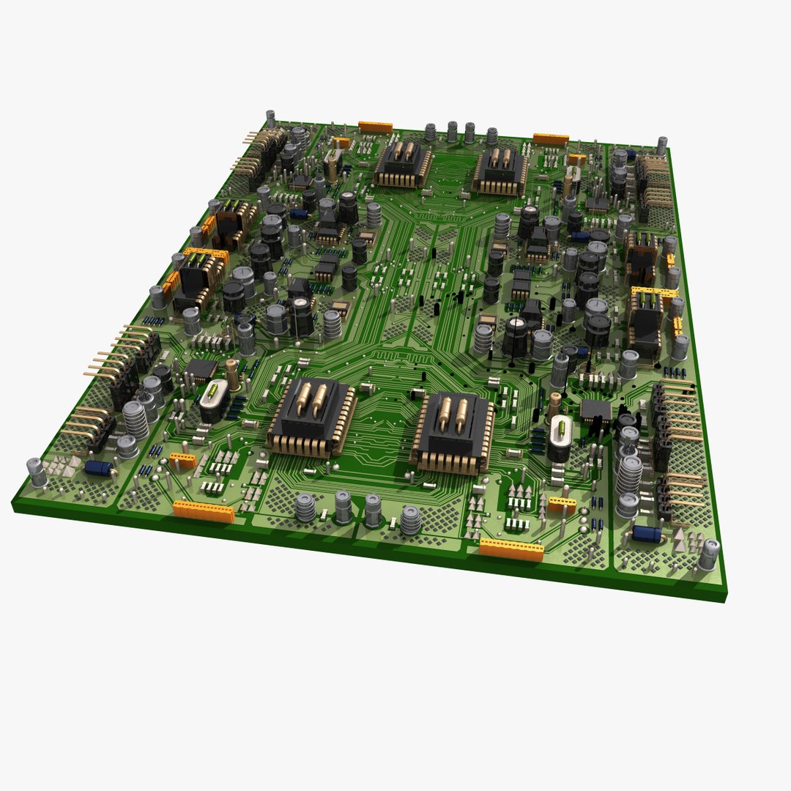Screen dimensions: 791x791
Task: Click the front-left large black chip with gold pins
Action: coord(312,416)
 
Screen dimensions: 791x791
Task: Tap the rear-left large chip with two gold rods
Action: coord(403,164)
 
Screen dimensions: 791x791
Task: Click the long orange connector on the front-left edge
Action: coord(204,510)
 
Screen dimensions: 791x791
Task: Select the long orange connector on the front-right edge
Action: coord(511,549)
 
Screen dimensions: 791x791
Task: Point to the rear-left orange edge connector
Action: coord(375,127)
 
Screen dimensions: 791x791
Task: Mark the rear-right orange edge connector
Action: coord(551,138)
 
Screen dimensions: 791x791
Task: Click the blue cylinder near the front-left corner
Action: coord(98,468)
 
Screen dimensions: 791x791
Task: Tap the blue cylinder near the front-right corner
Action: coord(647,533)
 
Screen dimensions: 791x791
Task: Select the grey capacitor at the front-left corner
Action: coord(37,472)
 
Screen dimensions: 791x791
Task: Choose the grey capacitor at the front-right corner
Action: coord(708,554)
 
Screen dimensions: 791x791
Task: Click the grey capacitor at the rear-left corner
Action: coord(270,118)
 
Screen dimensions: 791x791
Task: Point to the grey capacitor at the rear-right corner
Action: coord(661,145)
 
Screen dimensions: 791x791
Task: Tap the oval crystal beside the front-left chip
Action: coord(213,399)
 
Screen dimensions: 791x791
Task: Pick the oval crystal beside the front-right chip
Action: coord(560,437)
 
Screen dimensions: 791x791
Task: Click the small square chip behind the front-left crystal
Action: coord(201,370)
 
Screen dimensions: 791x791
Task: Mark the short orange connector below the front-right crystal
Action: coord(562,505)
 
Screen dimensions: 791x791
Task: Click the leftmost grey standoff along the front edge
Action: coord(305,508)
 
